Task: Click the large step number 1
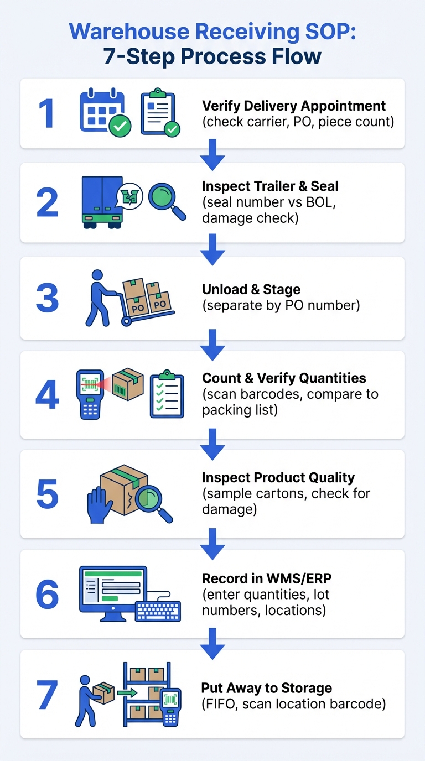(x=46, y=113)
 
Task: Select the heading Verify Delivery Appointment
(x=294, y=106)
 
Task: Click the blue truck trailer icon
(x=102, y=202)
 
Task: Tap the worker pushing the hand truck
(x=98, y=298)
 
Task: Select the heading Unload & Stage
(x=251, y=289)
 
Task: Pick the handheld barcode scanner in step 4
(x=90, y=394)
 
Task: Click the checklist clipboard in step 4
(x=167, y=394)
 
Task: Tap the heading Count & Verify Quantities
(x=284, y=378)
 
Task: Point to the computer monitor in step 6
(x=113, y=591)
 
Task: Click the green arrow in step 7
(x=127, y=692)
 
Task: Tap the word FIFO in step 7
(x=221, y=704)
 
